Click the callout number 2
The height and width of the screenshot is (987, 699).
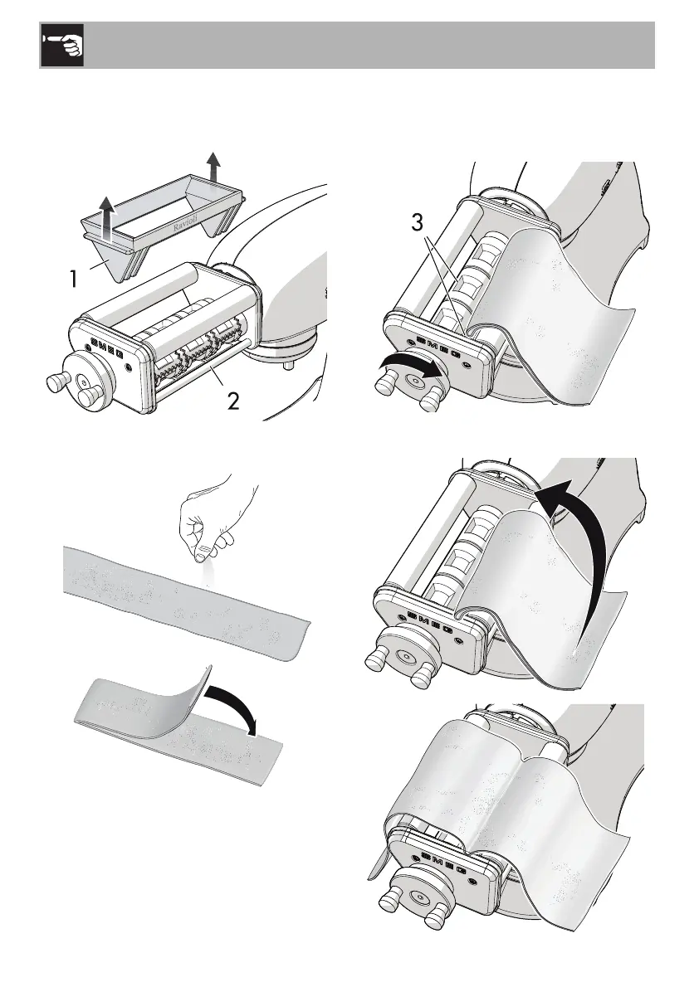coord(234,403)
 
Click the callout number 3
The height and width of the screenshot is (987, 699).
coord(420,225)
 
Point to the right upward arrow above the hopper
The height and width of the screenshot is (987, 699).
coord(215,165)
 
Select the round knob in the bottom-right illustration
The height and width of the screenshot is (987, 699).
coord(418,898)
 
